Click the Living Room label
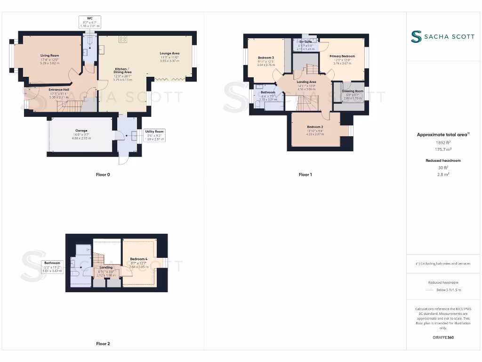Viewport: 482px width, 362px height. coord(49,56)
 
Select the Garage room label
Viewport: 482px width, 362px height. coord(81,131)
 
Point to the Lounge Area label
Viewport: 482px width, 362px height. coord(169,53)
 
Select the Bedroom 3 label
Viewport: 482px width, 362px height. coord(266,58)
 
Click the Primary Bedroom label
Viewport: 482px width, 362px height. coord(342,56)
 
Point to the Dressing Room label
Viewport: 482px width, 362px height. coord(353,91)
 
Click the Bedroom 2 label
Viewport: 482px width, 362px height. coord(315,127)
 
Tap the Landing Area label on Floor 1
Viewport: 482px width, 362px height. coord(306,82)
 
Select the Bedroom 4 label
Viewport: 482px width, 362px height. coord(138,259)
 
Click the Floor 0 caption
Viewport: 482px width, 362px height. coord(103,175)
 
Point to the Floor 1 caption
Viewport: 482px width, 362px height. coord(305,175)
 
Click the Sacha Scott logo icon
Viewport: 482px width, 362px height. coord(416,37)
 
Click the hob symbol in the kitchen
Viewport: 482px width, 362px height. coord(123,40)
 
